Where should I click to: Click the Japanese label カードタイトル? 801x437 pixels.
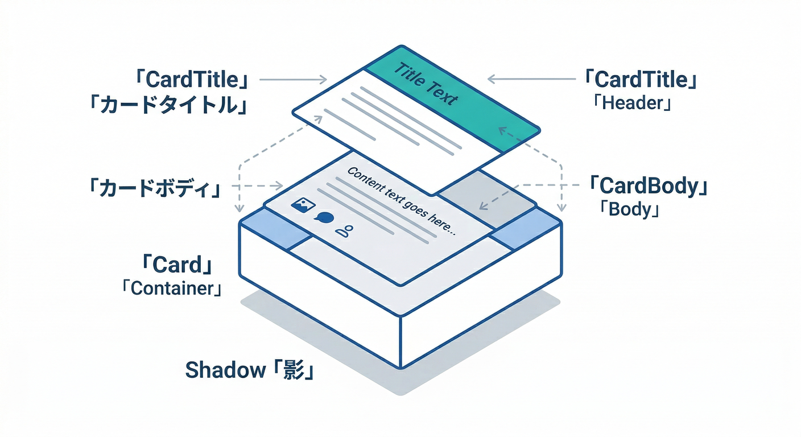tap(168, 106)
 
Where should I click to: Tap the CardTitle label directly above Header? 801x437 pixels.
tap(641, 80)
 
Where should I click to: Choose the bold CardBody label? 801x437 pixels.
tap(649, 186)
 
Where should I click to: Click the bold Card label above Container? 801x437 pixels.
tap(177, 265)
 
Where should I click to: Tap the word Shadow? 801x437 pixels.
tap(222, 370)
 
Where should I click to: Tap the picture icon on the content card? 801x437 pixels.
tap(299, 205)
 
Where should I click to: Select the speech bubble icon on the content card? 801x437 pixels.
tap(325, 218)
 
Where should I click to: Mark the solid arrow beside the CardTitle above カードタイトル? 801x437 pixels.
tap(293, 80)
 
